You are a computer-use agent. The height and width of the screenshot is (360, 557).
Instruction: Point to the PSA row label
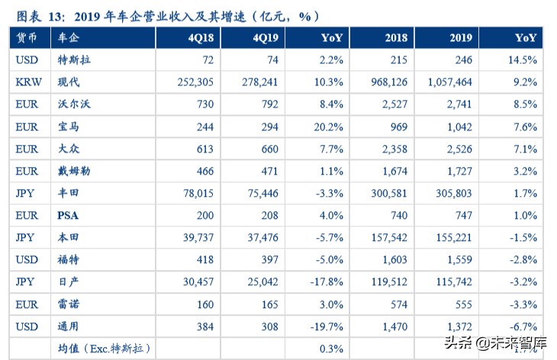(x=68, y=216)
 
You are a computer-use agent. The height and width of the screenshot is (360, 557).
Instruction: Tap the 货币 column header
(x=27, y=37)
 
